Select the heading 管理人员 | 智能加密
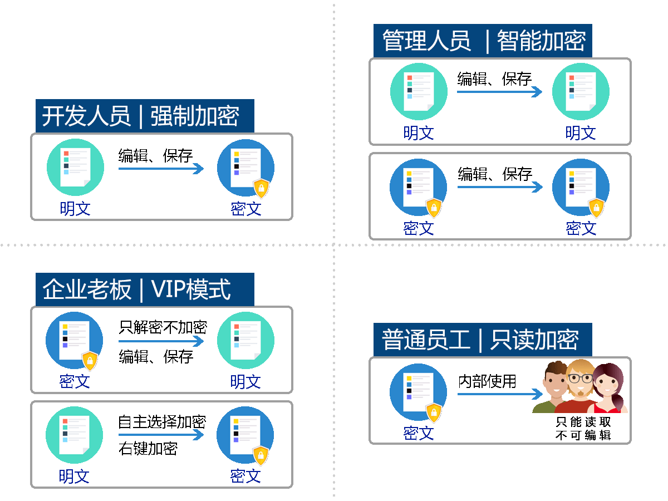(482, 41)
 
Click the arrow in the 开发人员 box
(161, 169)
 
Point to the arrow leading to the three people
(499, 394)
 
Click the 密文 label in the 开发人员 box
(246, 209)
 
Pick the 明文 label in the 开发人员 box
(75, 209)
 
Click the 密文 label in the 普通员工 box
(419, 433)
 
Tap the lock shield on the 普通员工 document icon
(434, 413)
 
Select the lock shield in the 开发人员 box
(261, 189)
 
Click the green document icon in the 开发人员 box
(75, 167)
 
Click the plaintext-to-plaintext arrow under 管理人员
(499, 92)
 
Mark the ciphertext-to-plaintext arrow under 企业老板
(161, 341)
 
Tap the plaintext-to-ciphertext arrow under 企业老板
(161, 435)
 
